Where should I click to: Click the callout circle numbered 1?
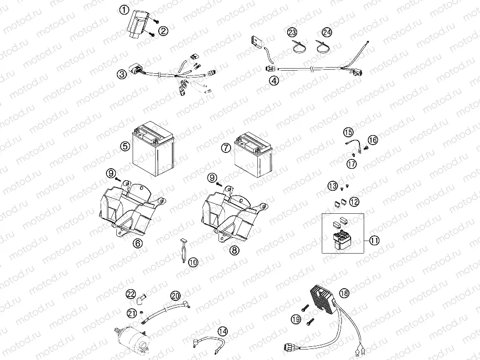click(124, 10)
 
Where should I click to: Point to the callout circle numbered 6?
click(138, 243)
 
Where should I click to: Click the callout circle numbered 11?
click(374, 241)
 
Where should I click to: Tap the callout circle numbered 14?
click(223, 331)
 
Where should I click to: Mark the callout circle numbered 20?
click(175, 296)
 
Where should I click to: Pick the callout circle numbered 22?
click(130, 293)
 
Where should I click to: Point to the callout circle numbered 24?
click(327, 32)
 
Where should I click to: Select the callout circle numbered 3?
click(122, 74)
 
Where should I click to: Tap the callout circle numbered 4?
click(274, 81)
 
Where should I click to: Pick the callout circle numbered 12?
click(355, 201)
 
